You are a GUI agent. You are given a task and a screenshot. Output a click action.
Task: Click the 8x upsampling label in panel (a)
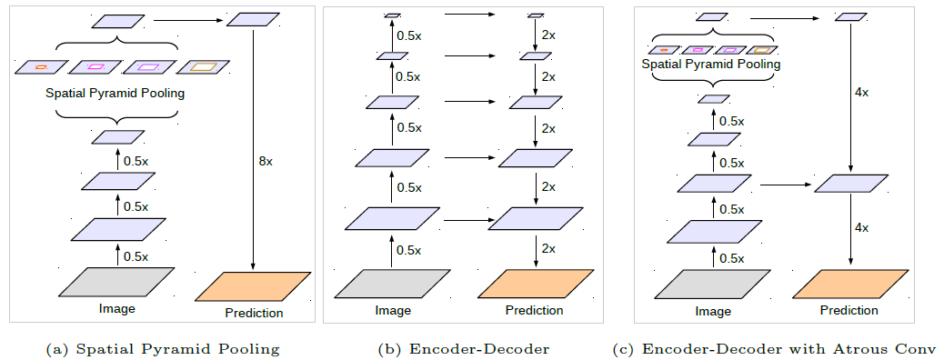click(x=266, y=160)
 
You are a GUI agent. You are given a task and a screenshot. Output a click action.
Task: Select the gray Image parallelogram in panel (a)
click(x=116, y=282)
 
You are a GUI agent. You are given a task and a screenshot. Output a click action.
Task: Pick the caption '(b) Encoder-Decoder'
click(x=464, y=349)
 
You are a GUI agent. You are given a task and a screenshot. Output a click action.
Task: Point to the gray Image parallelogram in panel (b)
click(x=393, y=284)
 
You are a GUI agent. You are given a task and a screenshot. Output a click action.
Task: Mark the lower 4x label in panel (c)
click(x=863, y=227)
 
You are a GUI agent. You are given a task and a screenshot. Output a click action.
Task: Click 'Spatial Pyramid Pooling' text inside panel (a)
click(x=115, y=93)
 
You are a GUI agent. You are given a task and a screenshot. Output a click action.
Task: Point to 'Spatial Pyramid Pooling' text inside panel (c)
click(x=711, y=65)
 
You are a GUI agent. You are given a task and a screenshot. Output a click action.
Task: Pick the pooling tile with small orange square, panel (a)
click(x=41, y=66)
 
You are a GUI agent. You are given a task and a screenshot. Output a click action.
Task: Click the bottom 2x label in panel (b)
click(x=548, y=248)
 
